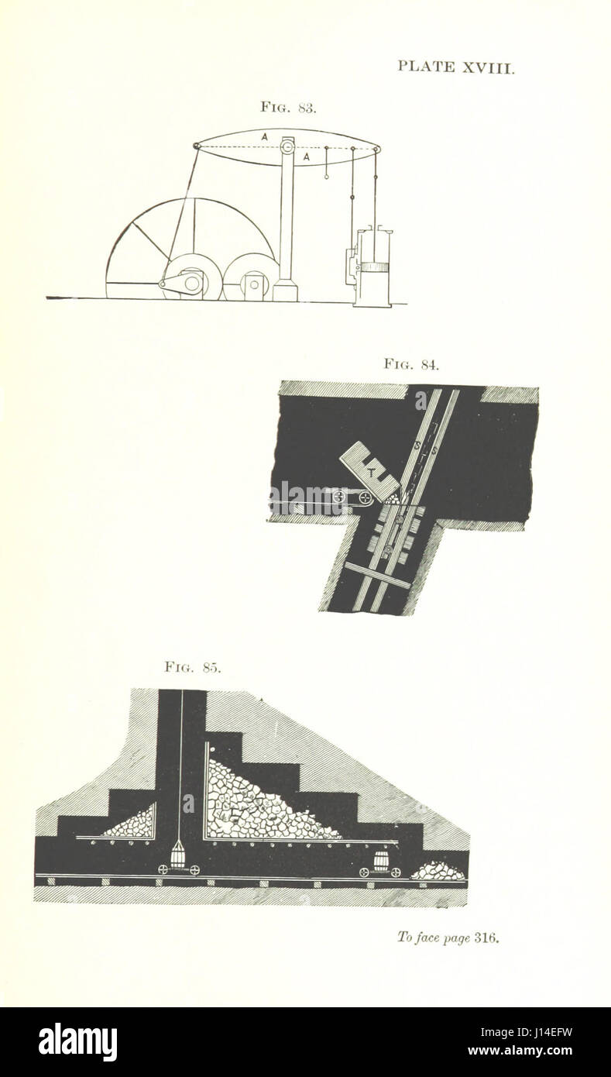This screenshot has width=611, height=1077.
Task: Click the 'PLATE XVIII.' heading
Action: tap(455, 67)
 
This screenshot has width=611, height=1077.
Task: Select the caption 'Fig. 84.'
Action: tap(411, 363)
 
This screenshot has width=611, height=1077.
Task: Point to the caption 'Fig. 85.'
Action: tap(192, 666)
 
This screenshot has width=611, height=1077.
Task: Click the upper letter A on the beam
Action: tap(264, 136)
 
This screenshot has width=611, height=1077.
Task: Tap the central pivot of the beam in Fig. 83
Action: tap(287, 146)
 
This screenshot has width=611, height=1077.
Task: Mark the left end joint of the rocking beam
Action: tap(197, 146)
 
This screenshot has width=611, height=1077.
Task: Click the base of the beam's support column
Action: tap(285, 291)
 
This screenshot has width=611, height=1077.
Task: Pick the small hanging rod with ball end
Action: tap(327, 163)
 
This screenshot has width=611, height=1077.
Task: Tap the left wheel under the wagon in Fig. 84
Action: tap(338, 495)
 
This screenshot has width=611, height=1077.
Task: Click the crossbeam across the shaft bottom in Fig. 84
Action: tap(378, 576)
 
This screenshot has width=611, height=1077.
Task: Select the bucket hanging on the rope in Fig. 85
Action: tap(177, 855)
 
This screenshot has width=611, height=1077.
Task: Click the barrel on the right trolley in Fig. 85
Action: tap(380, 862)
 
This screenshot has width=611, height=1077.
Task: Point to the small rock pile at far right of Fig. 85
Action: tap(438, 872)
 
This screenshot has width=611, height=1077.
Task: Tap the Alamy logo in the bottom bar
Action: tap(77, 1042)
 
